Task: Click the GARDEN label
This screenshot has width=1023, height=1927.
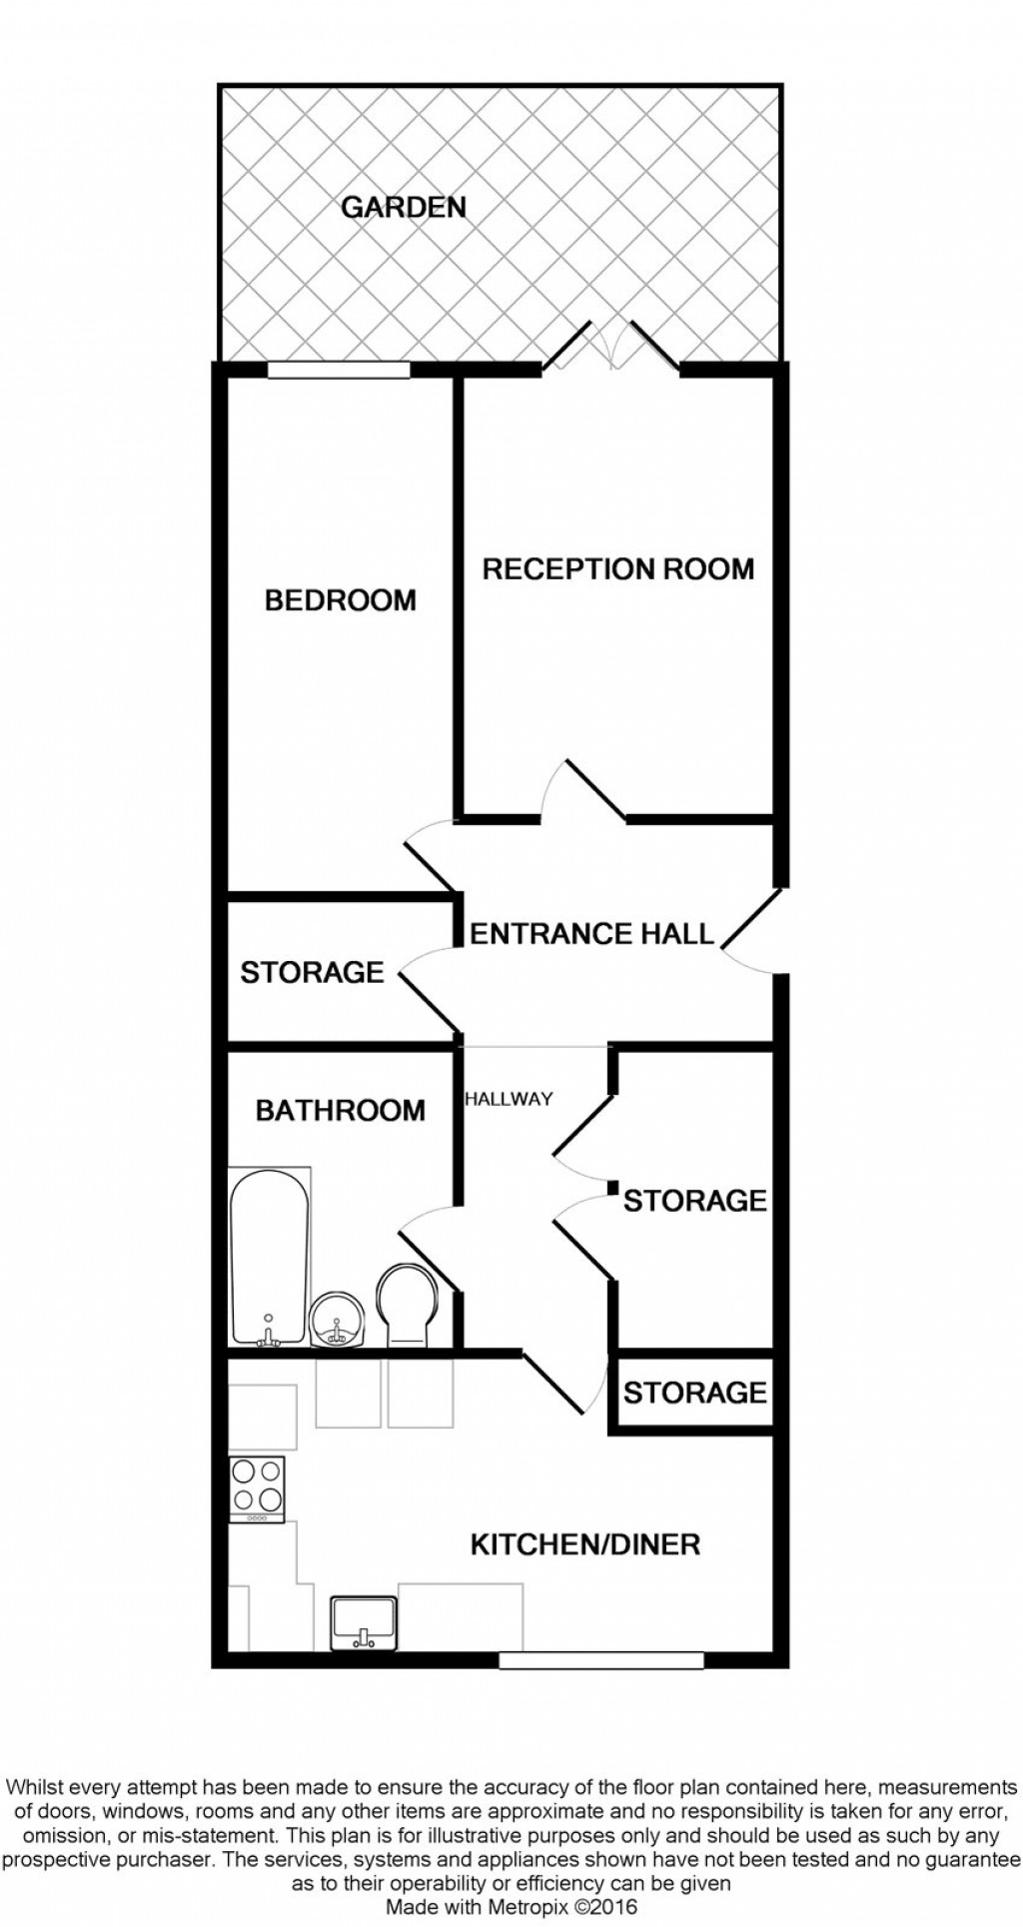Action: point(404,208)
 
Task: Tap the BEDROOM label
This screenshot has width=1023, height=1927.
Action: point(340,600)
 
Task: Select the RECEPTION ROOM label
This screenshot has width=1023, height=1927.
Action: point(617,569)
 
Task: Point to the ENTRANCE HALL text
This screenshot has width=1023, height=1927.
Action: point(591,934)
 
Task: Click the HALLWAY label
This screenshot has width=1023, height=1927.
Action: point(509,1099)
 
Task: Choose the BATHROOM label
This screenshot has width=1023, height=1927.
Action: point(340,1111)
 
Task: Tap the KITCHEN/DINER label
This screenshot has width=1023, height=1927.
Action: point(584,1544)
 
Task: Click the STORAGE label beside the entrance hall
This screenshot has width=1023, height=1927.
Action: point(312,972)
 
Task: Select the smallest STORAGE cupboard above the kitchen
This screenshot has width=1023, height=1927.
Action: point(694,1393)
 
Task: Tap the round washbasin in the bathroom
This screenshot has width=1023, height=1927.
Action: point(336,1321)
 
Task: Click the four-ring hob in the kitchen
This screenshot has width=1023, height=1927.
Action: point(257,1487)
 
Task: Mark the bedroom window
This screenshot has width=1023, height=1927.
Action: point(339,370)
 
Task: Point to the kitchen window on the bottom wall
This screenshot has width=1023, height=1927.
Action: point(600,1660)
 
